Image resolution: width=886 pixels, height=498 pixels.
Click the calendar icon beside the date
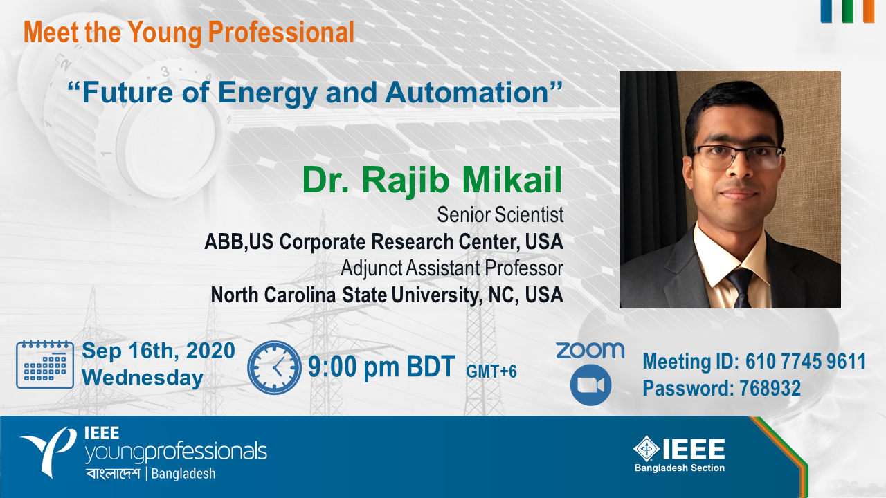pyautogui.click(x=45, y=364)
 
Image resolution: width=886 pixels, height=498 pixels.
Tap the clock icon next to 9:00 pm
pyautogui.click(x=274, y=367)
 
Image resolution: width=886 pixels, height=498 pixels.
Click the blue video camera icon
pyautogui.click(x=590, y=385)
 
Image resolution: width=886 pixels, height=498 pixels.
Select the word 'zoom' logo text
pyautogui.click(x=590, y=351)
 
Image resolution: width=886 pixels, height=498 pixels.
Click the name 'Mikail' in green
pyautogui.click(x=512, y=180)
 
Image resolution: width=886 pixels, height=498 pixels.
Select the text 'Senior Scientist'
pyautogui.click(x=500, y=215)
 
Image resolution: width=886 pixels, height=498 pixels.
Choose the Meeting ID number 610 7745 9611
pyautogui.click(x=806, y=361)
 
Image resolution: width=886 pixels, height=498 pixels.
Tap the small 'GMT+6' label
pyautogui.click(x=491, y=371)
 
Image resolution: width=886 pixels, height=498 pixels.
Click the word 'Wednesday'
pyautogui.click(x=143, y=378)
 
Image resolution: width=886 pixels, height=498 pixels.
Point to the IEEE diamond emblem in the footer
pyautogui.click(x=647, y=449)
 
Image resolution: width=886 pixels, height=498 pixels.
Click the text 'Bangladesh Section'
pyautogui.click(x=680, y=468)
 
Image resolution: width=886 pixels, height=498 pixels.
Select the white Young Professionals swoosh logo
pyautogui.click(x=48, y=452)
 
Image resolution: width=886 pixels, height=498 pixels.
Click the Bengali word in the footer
pyautogui.click(x=113, y=474)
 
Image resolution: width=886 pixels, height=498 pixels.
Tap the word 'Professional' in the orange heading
pyautogui.click(x=281, y=33)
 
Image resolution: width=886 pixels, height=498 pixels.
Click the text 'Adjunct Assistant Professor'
pyautogui.click(x=452, y=268)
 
